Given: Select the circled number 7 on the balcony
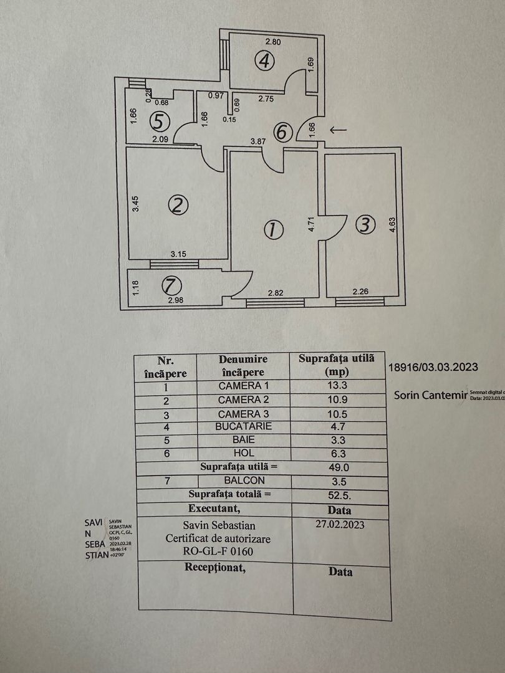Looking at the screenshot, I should pyautogui.click(x=171, y=286).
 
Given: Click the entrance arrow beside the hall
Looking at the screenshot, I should pyautogui.click(x=339, y=130).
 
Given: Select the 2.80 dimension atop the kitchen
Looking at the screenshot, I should pyautogui.click(x=273, y=42).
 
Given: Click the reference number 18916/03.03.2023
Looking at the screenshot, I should pyautogui.click(x=433, y=367).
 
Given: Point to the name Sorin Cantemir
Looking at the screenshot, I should pyautogui.click(x=430, y=395).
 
